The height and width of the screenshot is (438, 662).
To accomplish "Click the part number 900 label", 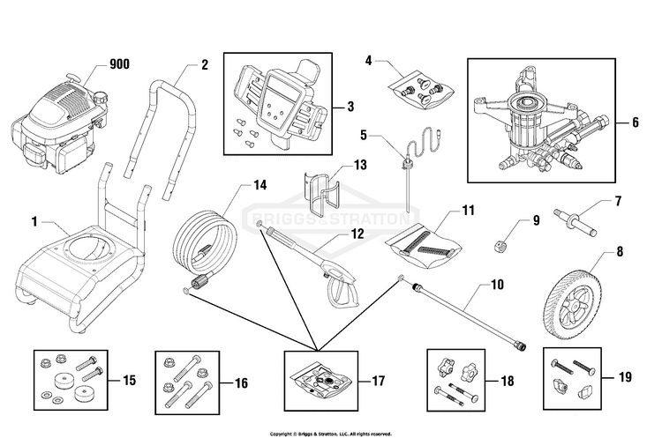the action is coord(119,64).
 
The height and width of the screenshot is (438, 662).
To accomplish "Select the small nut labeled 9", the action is coord(500,245).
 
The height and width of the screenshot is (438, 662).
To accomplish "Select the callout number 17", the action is coord(378,381).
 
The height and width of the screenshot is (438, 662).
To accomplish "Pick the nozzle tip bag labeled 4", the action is coord(421,90).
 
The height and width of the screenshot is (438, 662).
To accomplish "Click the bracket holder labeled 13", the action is coord(321,192).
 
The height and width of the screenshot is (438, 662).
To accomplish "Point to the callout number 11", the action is coord(468,210).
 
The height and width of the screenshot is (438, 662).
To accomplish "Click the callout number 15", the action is coord(130,380).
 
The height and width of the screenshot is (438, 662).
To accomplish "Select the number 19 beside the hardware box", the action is coord(625,377).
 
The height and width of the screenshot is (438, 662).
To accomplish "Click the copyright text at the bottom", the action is coord(331,434).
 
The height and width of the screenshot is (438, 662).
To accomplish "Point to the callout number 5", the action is coord(364,136).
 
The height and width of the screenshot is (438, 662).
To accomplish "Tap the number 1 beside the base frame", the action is coord(34,221).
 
